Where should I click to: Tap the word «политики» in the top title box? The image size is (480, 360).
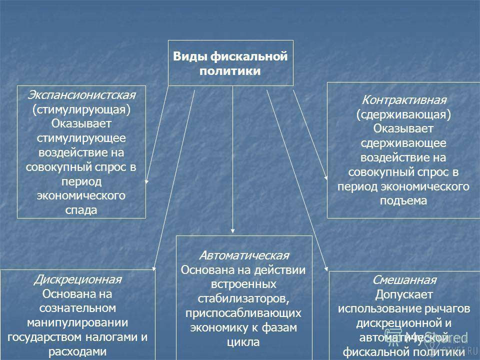tap(230, 71)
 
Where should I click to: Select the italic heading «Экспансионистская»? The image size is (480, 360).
tap(81, 95)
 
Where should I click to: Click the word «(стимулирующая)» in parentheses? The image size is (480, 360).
tap(81, 109)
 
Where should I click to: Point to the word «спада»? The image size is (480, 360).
tap(81, 210)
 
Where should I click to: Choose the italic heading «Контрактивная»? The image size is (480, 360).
tap(404, 100)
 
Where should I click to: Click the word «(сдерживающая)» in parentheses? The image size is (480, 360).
tap(403, 114)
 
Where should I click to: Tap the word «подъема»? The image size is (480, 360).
tap(403, 201)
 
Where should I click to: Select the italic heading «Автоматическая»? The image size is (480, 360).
tap(244, 255)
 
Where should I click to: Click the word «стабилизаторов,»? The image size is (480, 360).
tap(243, 299)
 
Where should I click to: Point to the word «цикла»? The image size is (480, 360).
tap(243, 342)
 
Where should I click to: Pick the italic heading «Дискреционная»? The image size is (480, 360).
tap(78, 279)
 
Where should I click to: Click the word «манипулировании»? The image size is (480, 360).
tap(78, 322)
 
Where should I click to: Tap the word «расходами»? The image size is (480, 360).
tap(78, 351)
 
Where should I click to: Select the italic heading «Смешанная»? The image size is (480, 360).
tap(404, 280)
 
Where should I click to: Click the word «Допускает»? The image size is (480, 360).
tap(404, 295)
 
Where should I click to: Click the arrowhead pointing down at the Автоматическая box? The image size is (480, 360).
tap(232, 231)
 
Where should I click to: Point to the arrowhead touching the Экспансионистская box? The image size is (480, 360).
tap(146, 181)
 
